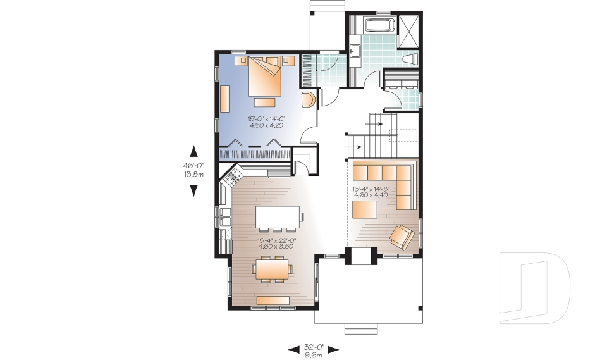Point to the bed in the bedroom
click(265, 77)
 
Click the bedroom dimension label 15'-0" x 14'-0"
click(266, 118)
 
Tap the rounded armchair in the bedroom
click(309, 101)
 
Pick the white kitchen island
click(278, 217)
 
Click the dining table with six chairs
click(273, 270)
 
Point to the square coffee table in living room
click(364, 209)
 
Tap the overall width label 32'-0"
click(314, 346)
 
